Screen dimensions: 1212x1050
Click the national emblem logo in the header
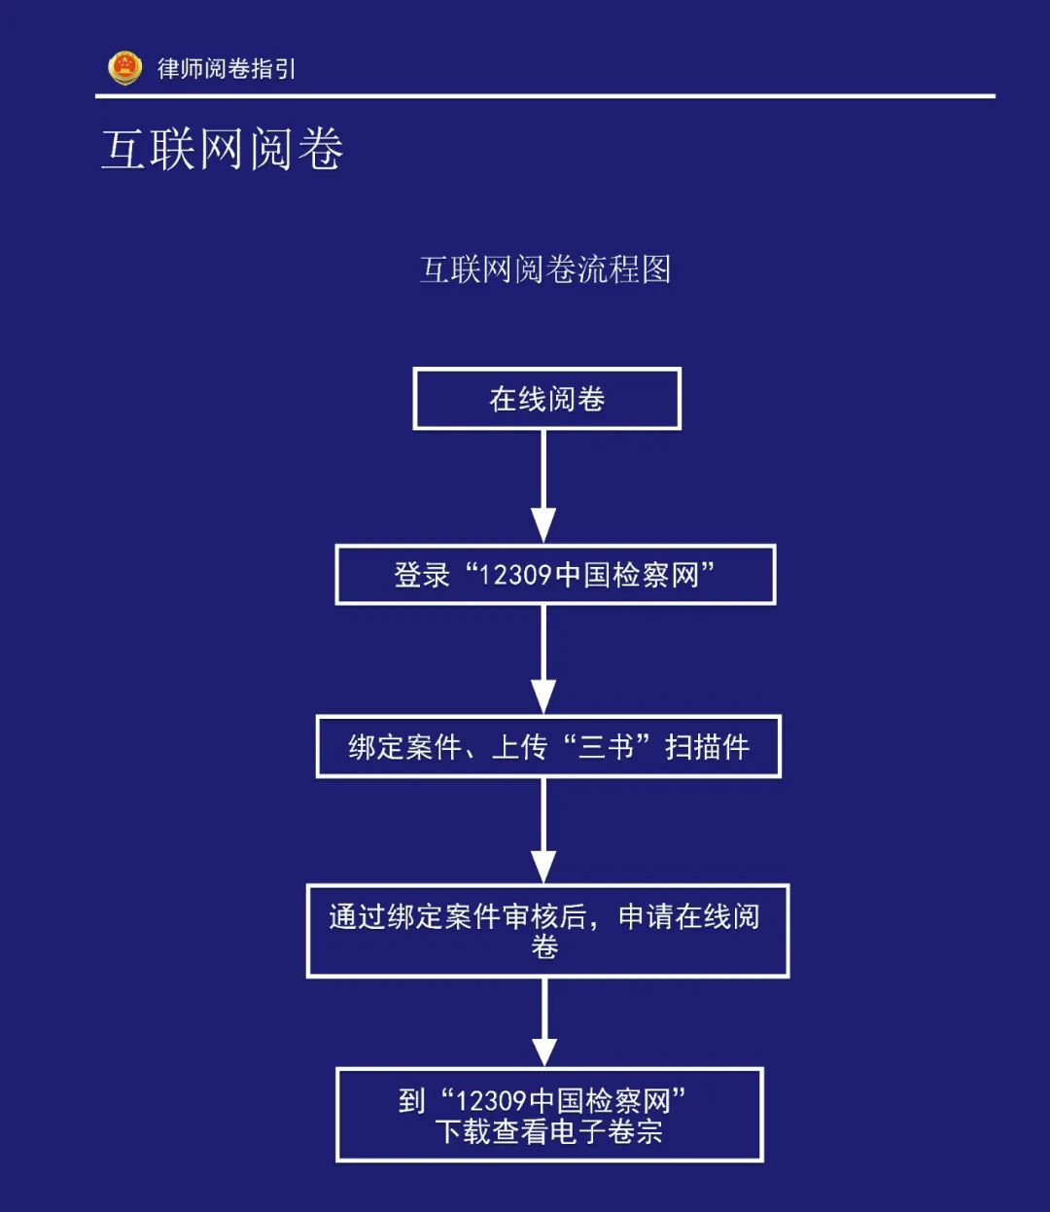point(124,68)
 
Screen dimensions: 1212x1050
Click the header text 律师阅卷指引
point(227,68)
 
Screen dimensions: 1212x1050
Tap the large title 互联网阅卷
point(223,150)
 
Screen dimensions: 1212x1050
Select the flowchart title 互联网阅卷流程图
point(544,269)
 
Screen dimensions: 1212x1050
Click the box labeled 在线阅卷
point(546,399)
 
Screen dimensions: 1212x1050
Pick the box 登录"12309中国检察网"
point(555,575)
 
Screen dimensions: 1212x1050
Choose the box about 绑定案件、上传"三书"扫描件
point(548,747)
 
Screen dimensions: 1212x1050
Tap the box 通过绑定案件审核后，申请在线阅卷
point(547,931)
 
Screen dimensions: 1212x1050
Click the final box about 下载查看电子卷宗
point(549,1115)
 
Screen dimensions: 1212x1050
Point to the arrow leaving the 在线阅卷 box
point(543,486)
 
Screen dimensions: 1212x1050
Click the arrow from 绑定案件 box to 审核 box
point(543,831)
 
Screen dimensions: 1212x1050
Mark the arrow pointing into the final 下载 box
point(544,1022)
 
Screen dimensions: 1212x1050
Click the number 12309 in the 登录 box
point(515,575)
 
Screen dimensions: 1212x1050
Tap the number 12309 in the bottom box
point(491,1101)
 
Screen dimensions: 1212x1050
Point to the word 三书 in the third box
point(606,747)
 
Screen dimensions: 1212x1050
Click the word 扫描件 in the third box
point(707,747)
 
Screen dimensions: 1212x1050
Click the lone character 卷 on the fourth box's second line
point(544,946)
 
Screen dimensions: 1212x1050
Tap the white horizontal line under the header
point(544,96)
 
